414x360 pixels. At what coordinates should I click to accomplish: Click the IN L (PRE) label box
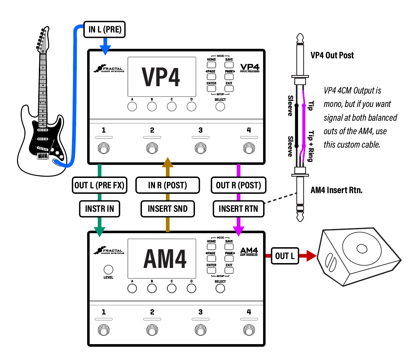coord(105,30)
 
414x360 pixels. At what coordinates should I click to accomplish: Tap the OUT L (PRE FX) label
coord(99,185)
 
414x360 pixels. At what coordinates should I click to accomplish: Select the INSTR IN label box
coord(100,209)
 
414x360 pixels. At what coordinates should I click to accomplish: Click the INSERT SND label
coord(167,209)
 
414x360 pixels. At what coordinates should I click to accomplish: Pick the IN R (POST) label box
coord(167,185)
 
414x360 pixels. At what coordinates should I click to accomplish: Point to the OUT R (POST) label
coord(238,185)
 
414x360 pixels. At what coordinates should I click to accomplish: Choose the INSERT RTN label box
coord(238,209)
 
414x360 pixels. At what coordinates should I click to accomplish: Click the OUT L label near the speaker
coord(284,256)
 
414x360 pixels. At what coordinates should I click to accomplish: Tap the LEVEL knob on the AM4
coord(108,270)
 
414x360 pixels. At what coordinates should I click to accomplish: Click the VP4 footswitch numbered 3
coord(200,149)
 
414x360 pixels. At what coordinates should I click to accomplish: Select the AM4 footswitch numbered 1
coord(103,330)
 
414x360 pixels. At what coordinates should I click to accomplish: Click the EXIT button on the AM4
coord(229,270)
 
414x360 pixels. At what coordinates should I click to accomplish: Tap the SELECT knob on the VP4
coord(220,107)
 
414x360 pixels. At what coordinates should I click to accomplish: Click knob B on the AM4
coord(152,289)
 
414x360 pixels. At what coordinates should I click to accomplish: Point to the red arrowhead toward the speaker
coord(311,256)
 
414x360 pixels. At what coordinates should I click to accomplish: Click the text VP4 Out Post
coord(332,55)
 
